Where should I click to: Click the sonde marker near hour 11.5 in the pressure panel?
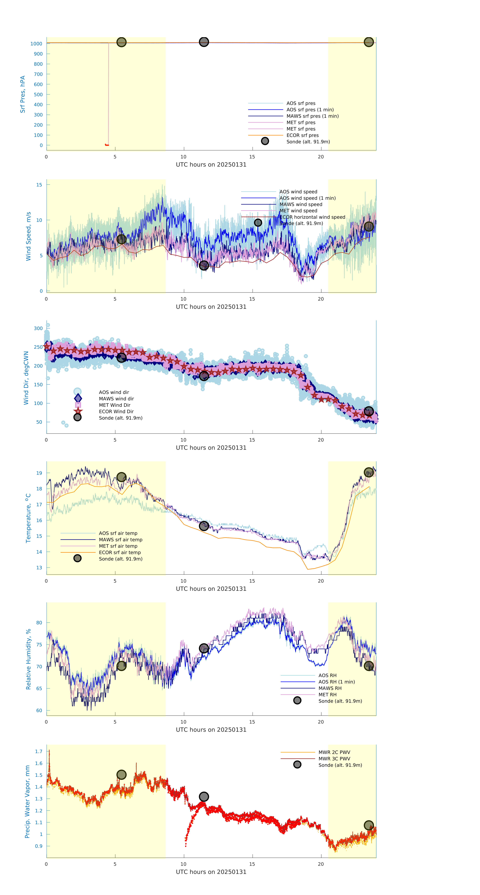click(204, 42)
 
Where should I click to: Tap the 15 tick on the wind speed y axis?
click(39, 185)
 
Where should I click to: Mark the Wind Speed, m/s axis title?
click(28, 236)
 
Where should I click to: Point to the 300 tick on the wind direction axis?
click(38, 328)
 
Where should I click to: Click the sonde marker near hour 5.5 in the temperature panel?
click(121, 477)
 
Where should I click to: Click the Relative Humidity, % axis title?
click(28, 659)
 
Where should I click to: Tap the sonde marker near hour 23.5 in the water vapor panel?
click(369, 825)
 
